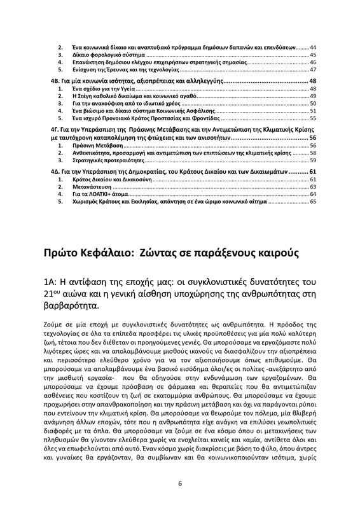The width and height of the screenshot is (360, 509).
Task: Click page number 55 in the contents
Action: point(313,118)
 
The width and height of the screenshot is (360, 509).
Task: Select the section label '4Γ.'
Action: point(55,129)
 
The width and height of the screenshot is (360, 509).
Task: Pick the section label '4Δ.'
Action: point(55,172)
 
